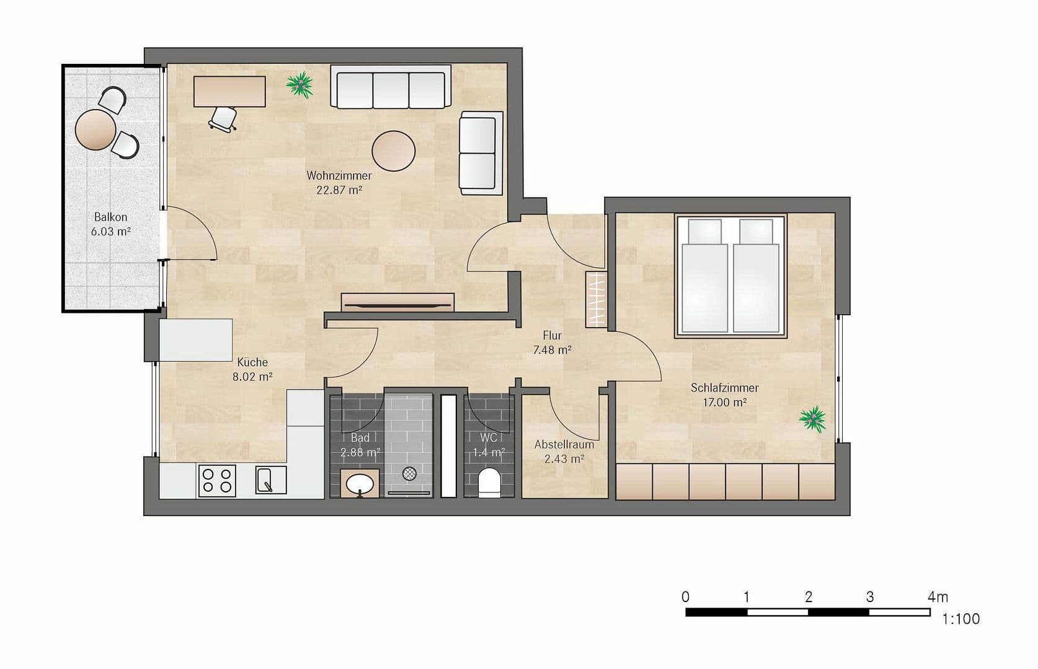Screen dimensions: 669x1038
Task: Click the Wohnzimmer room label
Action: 339,176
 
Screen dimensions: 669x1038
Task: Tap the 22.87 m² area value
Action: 339,190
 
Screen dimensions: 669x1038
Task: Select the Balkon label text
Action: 111,217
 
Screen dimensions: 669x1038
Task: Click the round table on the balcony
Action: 95,129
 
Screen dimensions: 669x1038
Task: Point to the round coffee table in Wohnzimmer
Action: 393,151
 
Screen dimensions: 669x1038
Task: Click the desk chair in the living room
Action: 223,118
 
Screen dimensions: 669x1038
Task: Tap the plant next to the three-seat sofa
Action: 301,84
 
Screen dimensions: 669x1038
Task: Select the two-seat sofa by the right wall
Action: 477,153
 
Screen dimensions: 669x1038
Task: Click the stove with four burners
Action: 217,480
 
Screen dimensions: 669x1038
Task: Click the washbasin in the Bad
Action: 359,483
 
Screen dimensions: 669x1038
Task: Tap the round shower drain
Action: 409,474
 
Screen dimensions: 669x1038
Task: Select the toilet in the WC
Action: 489,483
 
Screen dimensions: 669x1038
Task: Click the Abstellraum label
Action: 564,444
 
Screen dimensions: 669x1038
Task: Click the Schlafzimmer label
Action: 724,388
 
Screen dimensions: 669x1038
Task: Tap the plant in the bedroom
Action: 812,419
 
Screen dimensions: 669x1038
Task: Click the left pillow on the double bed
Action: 705,231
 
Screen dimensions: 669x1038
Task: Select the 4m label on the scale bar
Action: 937,597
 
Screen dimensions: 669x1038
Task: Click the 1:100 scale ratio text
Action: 960,619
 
